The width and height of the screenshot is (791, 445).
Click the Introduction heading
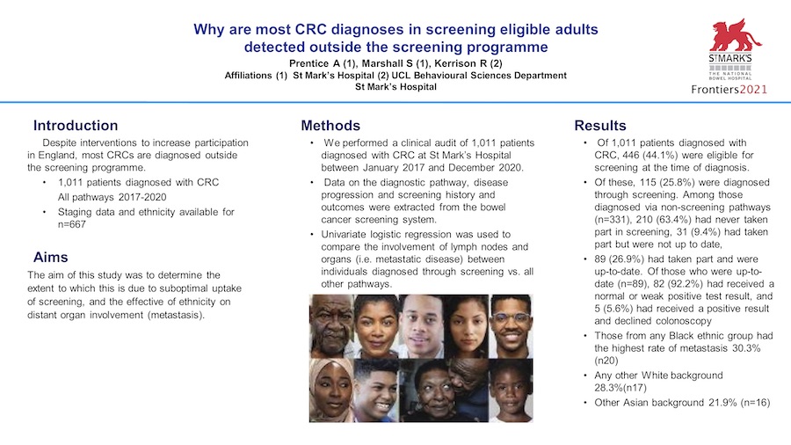click(76, 125)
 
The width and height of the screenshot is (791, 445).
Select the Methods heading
click(330, 125)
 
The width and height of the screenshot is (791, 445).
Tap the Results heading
click(600, 125)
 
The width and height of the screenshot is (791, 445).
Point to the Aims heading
click(50, 258)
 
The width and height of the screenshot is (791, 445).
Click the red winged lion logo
click(734, 35)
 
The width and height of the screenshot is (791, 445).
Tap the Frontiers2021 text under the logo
click(729, 90)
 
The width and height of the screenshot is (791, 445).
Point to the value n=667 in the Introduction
click(72, 224)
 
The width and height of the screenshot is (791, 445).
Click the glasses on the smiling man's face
click(511, 317)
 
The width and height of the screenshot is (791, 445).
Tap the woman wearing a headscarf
click(331, 390)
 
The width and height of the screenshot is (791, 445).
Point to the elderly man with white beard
click(331, 326)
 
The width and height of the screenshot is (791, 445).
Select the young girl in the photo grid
click(511, 390)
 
